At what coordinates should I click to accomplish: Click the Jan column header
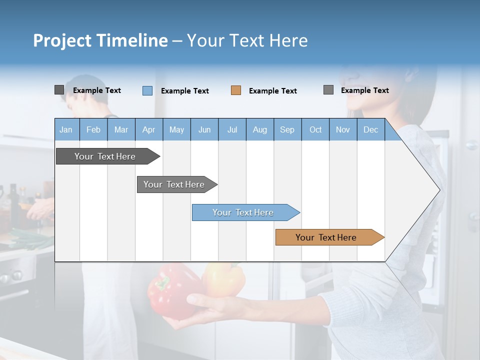(x=66, y=129)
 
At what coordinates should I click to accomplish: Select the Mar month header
(x=121, y=129)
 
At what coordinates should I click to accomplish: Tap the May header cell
(x=176, y=129)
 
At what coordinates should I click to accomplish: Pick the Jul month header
(x=232, y=129)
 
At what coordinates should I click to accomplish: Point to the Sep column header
(x=287, y=129)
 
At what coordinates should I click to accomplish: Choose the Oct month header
(x=315, y=129)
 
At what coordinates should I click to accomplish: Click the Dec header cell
(x=370, y=129)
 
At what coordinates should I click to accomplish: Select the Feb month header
(x=93, y=129)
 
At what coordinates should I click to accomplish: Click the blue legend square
(x=147, y=90)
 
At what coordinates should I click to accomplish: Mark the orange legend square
(x=236, y=90)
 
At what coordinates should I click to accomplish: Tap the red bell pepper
(x=172, y=290)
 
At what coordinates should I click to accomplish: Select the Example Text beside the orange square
(x=272, y=91)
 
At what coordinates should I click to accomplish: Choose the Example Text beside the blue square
(x=184, y=91)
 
